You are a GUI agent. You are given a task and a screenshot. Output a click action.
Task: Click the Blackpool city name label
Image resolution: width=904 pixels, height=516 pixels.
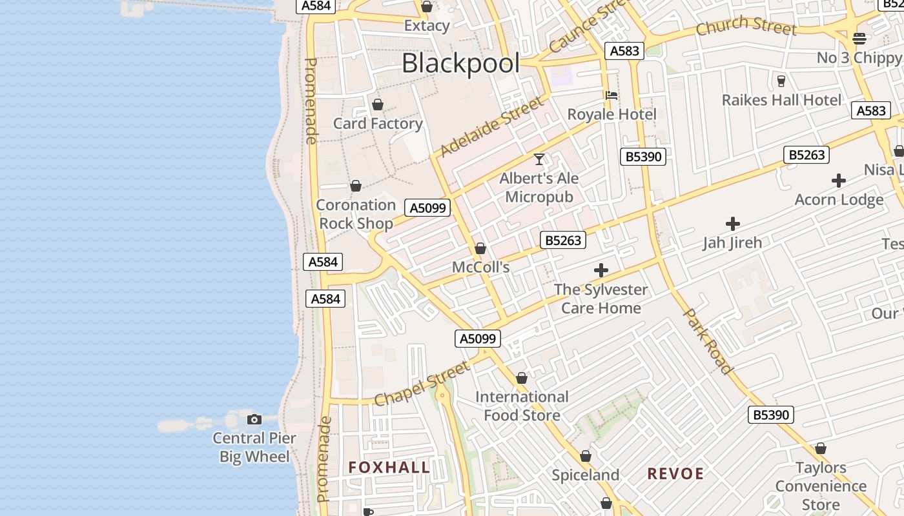[x=460, y=64]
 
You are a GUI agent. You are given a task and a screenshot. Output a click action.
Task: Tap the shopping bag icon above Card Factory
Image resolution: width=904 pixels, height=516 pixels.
[x=378, y=104]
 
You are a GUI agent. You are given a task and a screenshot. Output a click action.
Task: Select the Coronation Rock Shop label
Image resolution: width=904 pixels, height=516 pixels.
[x=356, y=214]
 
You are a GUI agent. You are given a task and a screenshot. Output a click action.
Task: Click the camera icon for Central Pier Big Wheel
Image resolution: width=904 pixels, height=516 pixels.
[x=254, y=420]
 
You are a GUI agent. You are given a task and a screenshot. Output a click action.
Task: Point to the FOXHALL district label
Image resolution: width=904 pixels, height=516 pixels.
[x=389, y=468]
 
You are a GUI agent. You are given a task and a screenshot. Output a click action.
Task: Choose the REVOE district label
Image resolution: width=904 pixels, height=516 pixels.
[x=675, y=474]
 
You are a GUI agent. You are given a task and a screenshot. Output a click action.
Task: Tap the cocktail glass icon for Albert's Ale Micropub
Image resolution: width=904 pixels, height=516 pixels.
[x=539, y=159]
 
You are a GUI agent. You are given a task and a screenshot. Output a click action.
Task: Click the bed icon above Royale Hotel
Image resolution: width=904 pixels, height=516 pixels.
[x=611, y=95]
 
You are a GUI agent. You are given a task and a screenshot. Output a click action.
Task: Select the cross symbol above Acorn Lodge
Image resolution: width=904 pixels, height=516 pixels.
[x=839, y=181]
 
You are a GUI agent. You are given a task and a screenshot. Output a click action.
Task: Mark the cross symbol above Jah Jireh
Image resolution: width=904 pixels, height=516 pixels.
[x=732, y=224]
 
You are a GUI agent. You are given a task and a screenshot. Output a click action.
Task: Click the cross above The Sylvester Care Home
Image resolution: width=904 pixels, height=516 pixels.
[x=601, y=270]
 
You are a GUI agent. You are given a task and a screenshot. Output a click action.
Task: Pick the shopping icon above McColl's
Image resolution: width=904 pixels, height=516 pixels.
[x=480, y=248]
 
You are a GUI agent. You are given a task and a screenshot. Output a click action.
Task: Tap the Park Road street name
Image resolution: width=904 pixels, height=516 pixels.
[x=708, y=341]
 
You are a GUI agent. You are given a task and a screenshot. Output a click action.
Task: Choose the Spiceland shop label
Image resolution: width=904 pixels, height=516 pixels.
[x=585, y=475]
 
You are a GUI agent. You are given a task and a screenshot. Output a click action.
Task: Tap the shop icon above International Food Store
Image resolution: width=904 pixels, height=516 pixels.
[x=522, y=378]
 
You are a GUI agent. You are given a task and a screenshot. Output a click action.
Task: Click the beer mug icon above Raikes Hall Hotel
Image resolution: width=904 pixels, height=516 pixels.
[x=781, y=81]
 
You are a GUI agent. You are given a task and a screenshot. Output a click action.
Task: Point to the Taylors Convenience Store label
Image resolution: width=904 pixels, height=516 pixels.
[x=821, y=486]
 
